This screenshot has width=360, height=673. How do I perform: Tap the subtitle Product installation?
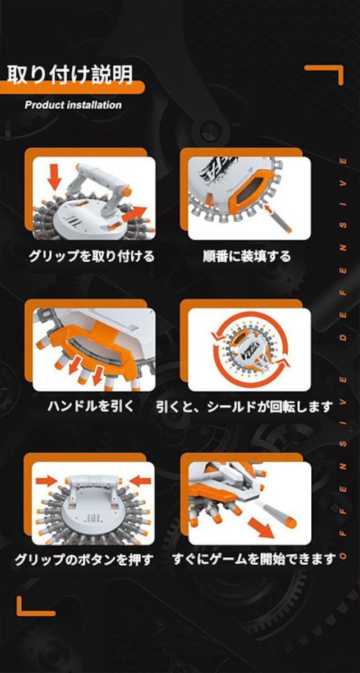tap(73, 105)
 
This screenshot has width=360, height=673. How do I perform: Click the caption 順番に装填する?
tap(247, 256)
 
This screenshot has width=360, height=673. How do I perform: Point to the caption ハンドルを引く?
tap(90, 406)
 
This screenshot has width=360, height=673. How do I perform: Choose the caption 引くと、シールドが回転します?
tap(244, 407)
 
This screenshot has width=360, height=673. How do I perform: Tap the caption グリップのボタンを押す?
tap(85, 559)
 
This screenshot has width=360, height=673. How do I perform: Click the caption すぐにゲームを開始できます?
tap(254, 559)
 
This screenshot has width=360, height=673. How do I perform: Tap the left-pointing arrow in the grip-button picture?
tap(140, 481)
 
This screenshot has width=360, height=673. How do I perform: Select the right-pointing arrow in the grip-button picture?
tap(47, 481)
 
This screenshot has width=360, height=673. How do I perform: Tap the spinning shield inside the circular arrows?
tap(250, 349)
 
